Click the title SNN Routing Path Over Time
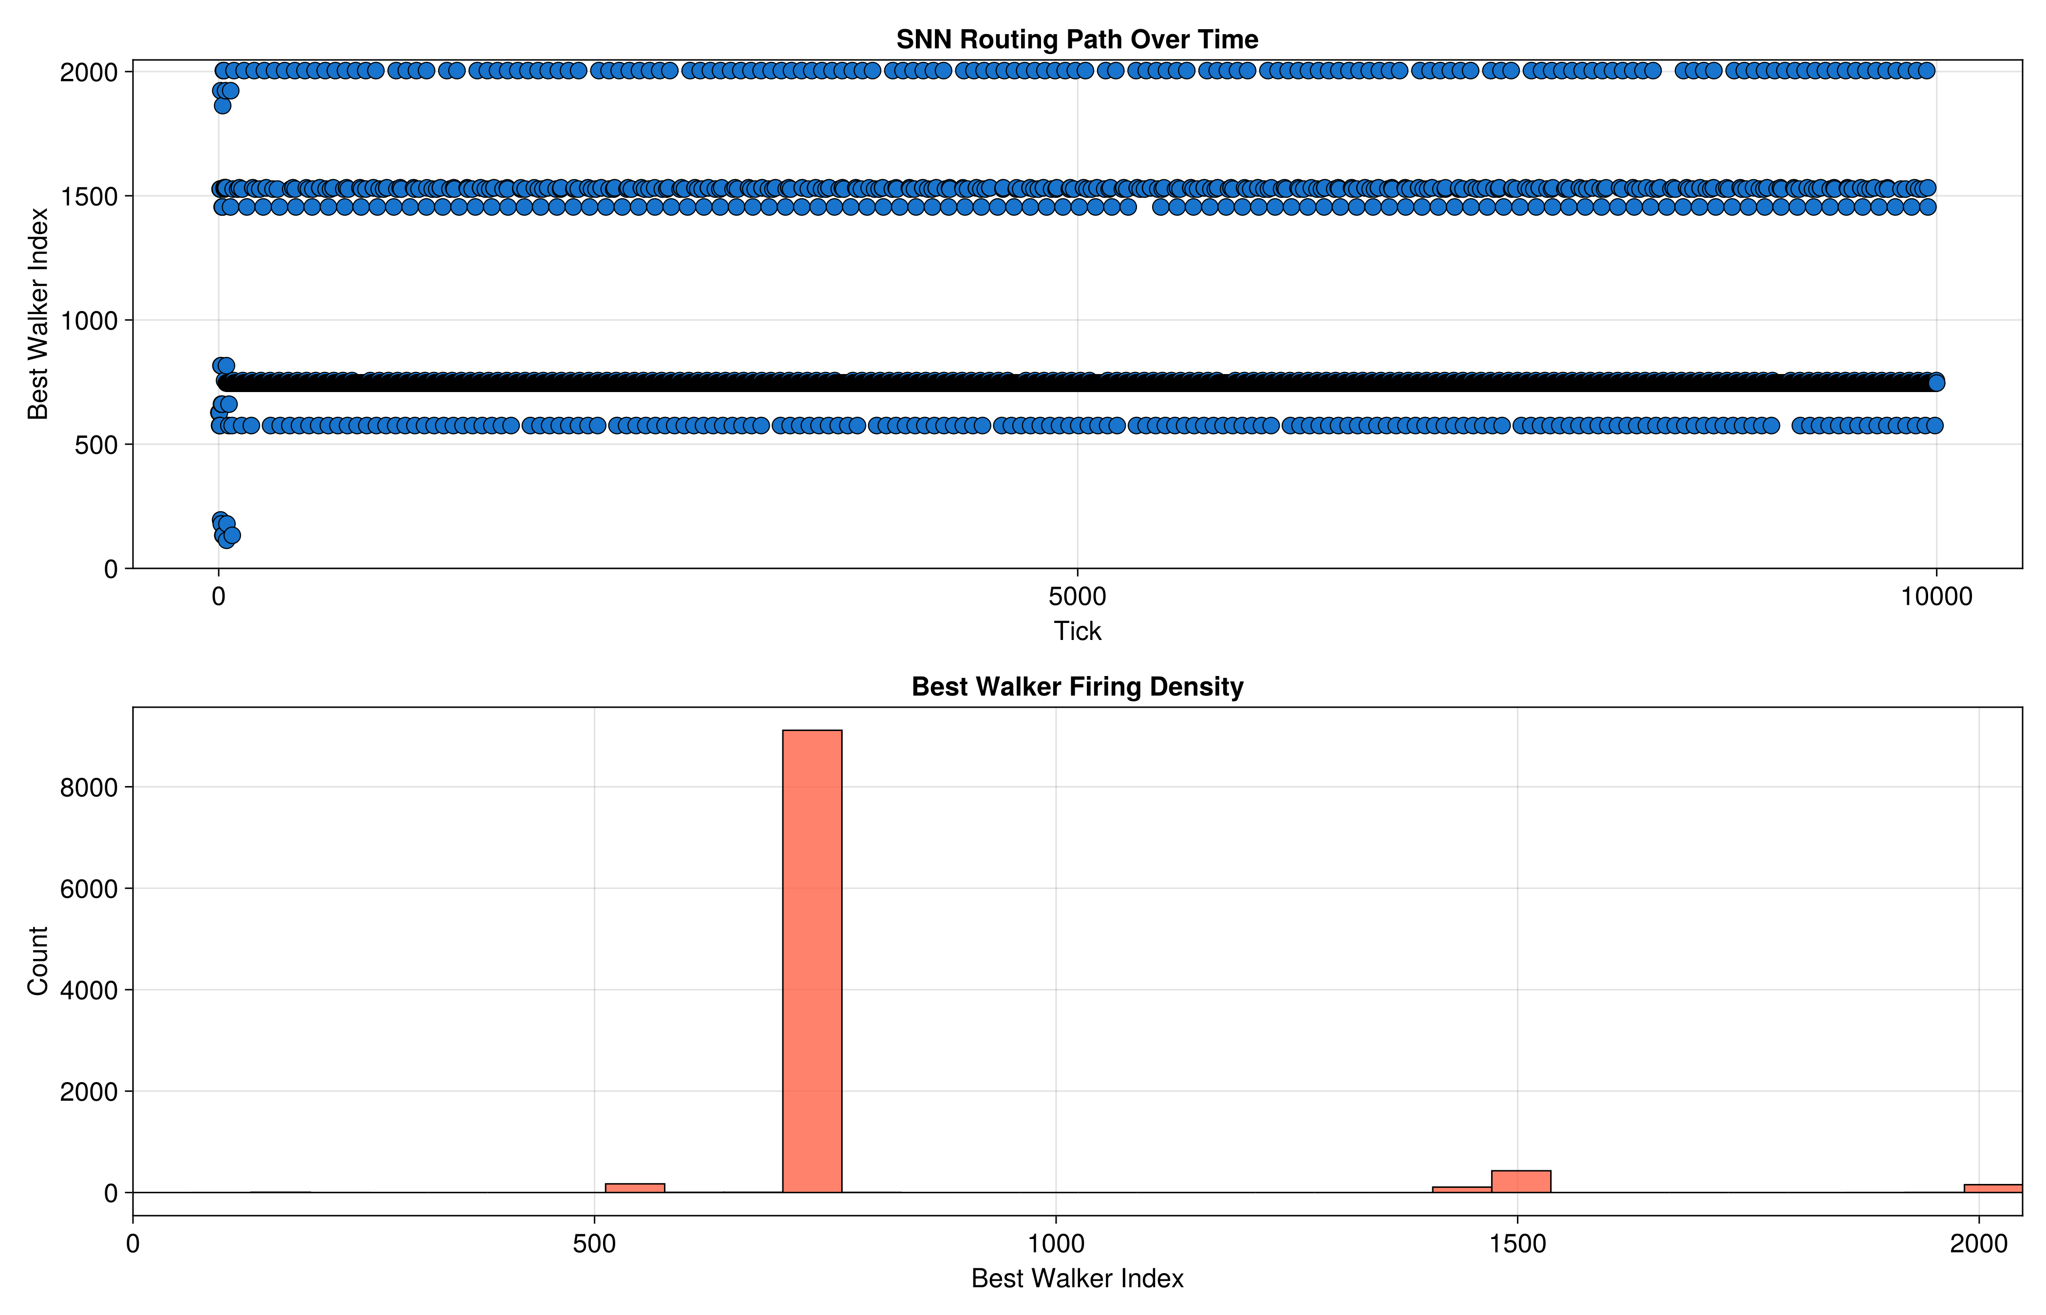(1077, 39)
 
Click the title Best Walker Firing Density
(1077, 687)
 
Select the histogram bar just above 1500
(1521, 1182)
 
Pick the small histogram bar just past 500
(634, 1188)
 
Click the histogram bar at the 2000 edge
(1993, 1189)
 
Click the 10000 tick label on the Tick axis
(1936, 596)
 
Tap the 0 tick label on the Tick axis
(219, 596)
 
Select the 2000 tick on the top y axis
(89, 72)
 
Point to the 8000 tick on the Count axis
(89, 787)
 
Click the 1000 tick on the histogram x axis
(1056, 1243)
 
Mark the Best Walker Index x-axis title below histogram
(1077, 1278)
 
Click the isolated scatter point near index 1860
(222, 105)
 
